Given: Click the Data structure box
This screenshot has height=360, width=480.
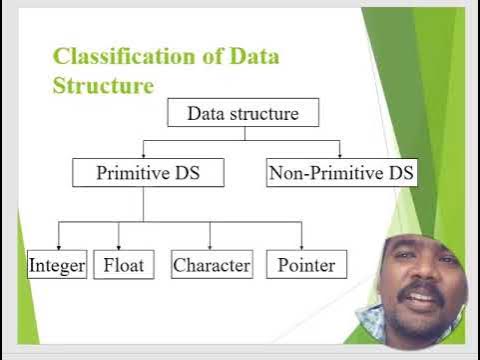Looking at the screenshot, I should (x=242, y=113).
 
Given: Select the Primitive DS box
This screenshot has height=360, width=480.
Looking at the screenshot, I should (x=148, y=173).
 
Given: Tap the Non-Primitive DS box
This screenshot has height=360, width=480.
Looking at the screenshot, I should (x=341, y=173).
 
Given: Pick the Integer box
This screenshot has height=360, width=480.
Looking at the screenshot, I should (x=57, y=265).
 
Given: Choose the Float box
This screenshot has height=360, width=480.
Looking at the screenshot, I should (x=124, y=265).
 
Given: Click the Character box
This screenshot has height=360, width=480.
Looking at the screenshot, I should (x=211, y=265).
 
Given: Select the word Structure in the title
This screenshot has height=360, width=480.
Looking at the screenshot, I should (x=103, y=86).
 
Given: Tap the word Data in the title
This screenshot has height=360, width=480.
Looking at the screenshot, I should (x=254, y=56).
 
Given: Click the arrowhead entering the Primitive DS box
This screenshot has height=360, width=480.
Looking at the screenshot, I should (x=144, y=155).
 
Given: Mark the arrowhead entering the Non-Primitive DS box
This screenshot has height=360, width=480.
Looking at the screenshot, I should (x=340, y=155).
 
